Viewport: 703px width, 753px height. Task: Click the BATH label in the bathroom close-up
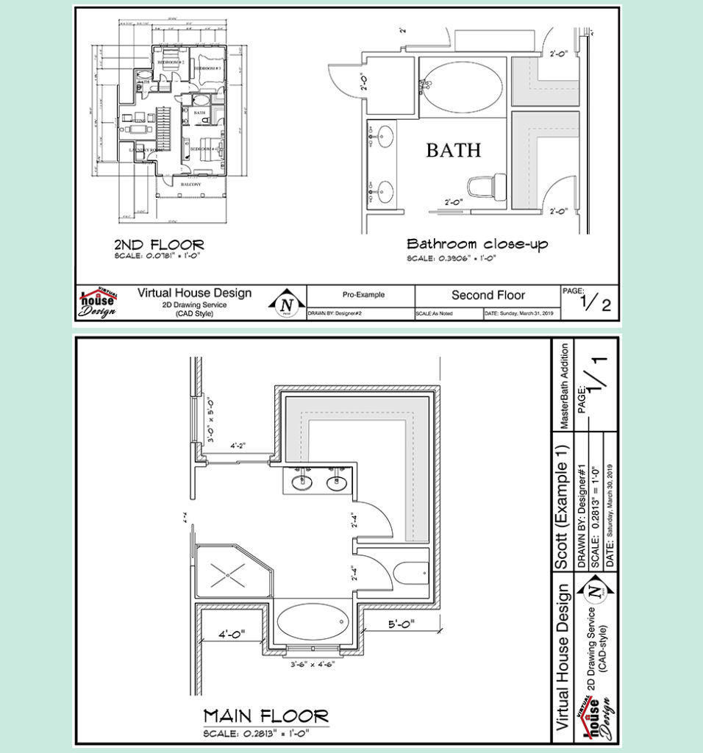453,150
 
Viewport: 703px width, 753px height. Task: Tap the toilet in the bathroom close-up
487,185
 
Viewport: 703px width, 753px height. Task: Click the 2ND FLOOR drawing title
159,244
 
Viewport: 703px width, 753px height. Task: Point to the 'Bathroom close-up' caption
477,244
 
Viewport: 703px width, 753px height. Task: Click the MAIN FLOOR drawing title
265,715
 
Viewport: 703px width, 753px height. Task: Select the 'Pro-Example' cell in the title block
363,295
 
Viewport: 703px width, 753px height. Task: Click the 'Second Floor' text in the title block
488,295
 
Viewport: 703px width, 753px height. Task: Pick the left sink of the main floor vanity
302,483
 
